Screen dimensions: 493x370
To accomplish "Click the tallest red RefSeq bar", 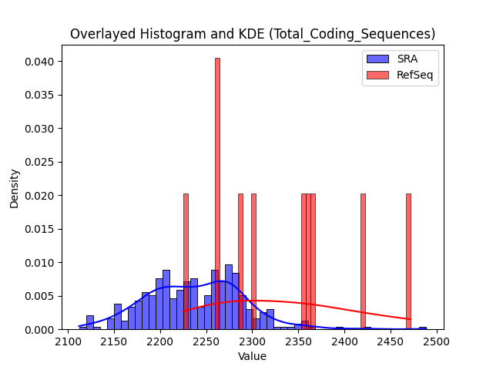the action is tap(217, 193).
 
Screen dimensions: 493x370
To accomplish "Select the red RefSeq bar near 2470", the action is tap(408, 262).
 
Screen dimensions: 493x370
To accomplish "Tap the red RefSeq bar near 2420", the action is tap(363, 262).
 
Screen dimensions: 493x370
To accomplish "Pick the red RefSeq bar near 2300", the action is tap(253, 262).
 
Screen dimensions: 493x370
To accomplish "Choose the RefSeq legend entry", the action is tap(400, 75).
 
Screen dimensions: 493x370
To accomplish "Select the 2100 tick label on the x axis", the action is tap(69, 341).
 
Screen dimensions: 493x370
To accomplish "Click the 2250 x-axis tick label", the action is tap(206, 341).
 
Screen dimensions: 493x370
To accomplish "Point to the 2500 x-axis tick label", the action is tap(437, 341).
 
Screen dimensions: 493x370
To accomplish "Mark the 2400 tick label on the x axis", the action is tap(344, 341).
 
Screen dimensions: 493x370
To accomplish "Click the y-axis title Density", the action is tap(14, 189).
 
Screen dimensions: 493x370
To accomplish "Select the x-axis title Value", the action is tap(252, 356).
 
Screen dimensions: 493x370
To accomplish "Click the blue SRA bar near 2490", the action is tap(423, 328).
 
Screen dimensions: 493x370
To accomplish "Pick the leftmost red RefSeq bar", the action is tap(186, 262).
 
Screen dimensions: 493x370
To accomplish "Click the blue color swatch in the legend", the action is tap(377, 59).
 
